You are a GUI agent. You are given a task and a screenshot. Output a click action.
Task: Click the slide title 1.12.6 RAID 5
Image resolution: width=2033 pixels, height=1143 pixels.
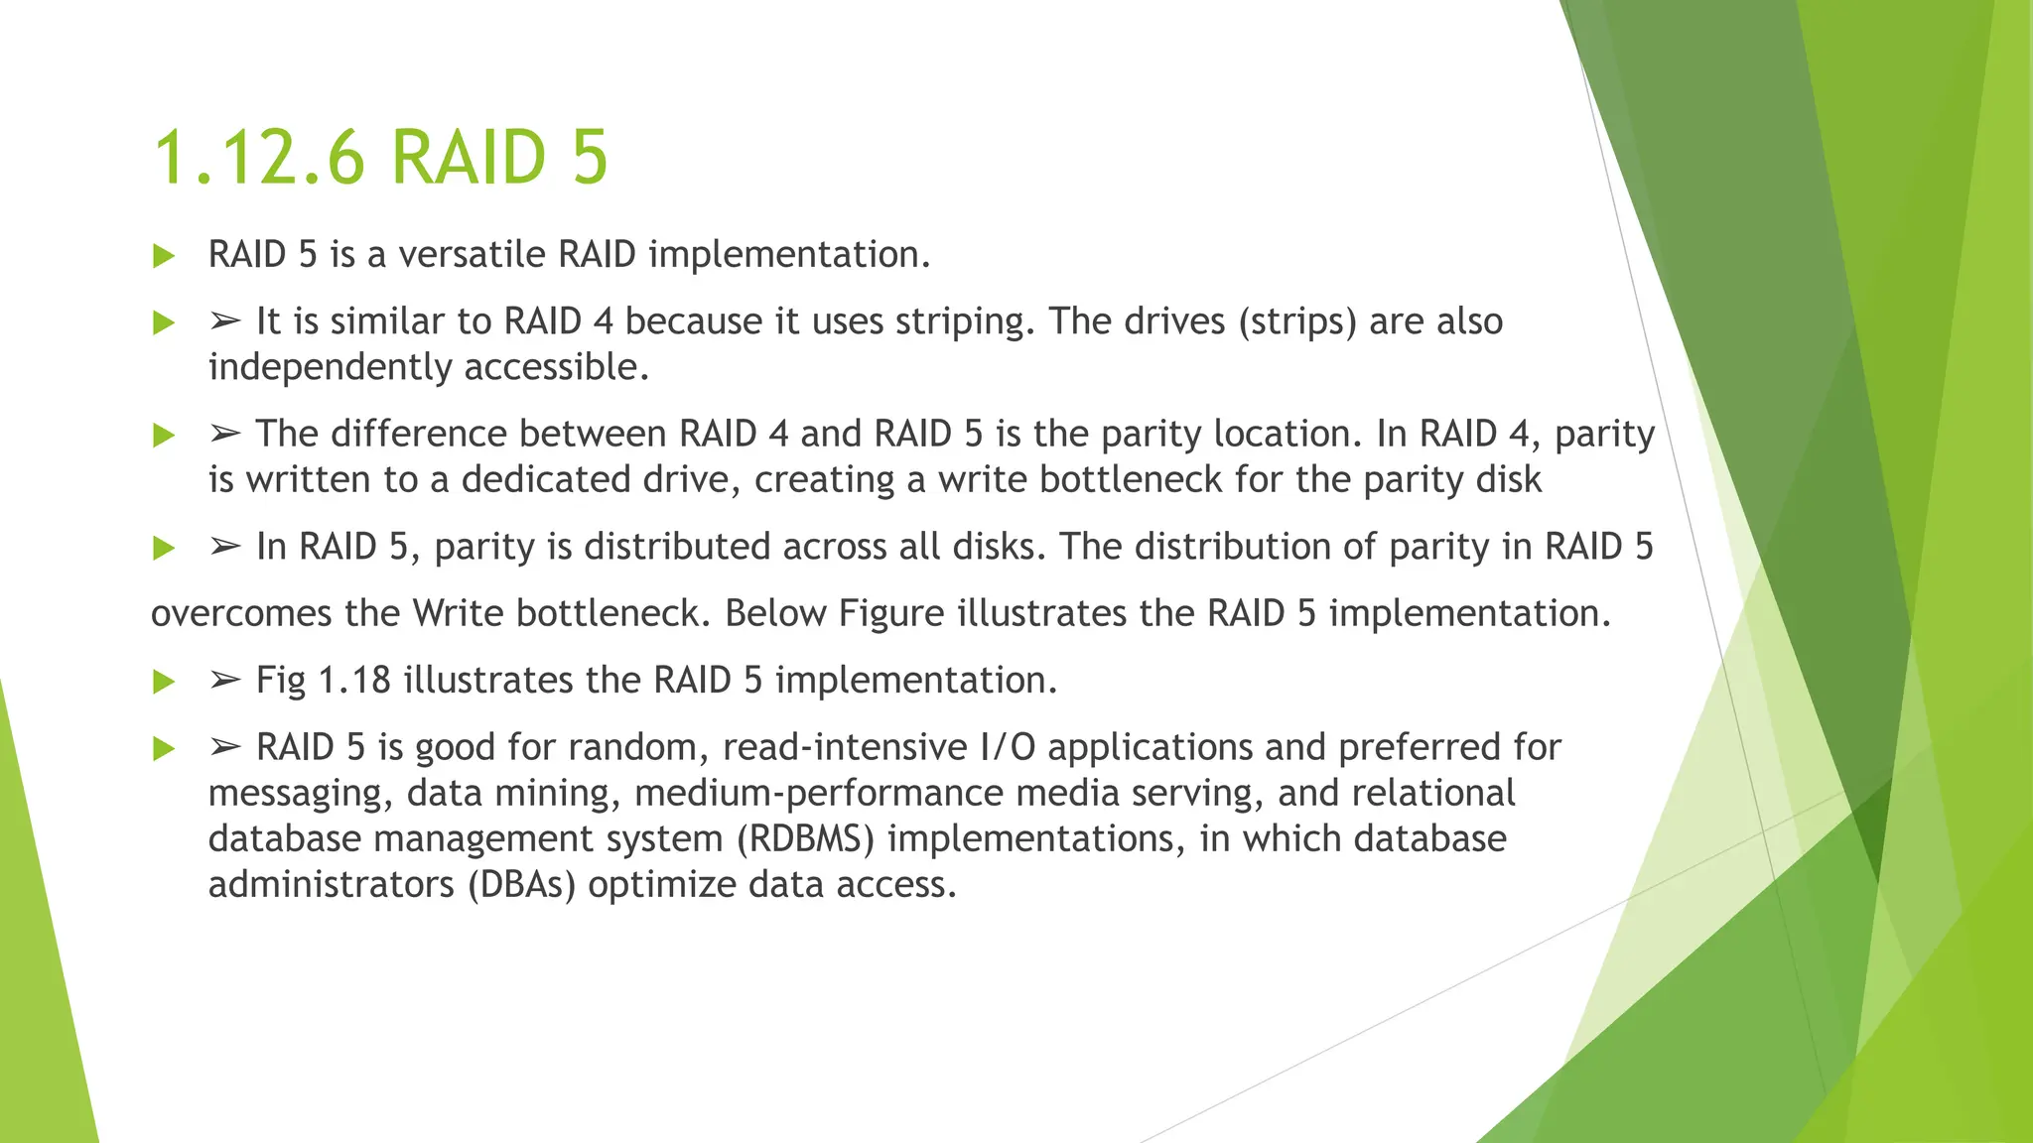coord(380,158)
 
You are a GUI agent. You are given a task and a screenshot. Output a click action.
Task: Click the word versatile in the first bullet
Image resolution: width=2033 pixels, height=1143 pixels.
coord(472,255)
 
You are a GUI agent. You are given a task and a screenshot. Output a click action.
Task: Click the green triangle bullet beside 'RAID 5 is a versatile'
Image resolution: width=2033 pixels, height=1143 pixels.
coord(164,257)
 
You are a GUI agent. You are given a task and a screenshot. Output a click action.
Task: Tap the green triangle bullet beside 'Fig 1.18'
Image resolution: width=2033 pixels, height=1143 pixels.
coord(164,683)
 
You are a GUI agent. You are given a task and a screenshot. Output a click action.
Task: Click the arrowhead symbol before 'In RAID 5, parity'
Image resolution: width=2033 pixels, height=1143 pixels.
coord(225,547)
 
